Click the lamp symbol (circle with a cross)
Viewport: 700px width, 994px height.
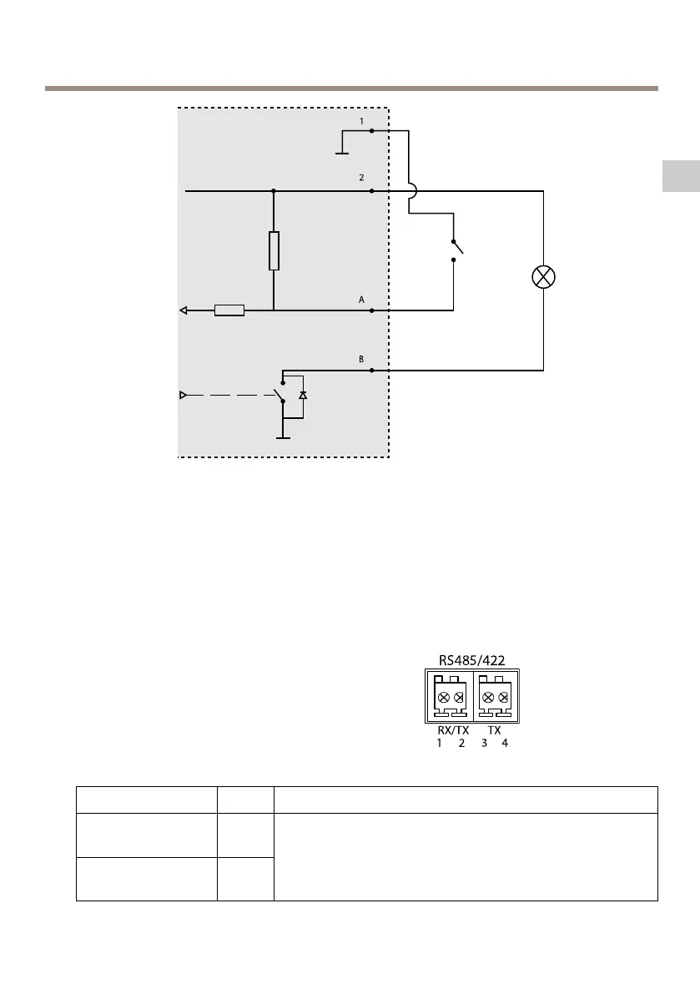543,278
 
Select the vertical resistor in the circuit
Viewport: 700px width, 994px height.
274,250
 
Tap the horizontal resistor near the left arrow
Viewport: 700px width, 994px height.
229,310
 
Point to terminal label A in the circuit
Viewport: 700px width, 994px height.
362,298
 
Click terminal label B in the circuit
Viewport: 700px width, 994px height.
362,359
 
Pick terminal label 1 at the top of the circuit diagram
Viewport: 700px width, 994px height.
362,121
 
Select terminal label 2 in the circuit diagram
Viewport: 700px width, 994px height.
362,179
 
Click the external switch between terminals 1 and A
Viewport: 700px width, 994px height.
456,249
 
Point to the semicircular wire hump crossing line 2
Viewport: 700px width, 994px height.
410,191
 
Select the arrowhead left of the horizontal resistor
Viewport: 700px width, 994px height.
184,310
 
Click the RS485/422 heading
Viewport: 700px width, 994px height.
471,660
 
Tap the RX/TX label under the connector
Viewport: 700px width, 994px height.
454,729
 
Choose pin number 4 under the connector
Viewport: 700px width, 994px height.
504,743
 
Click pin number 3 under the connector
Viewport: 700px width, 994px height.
484,743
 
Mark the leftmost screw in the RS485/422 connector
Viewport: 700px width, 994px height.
443,697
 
